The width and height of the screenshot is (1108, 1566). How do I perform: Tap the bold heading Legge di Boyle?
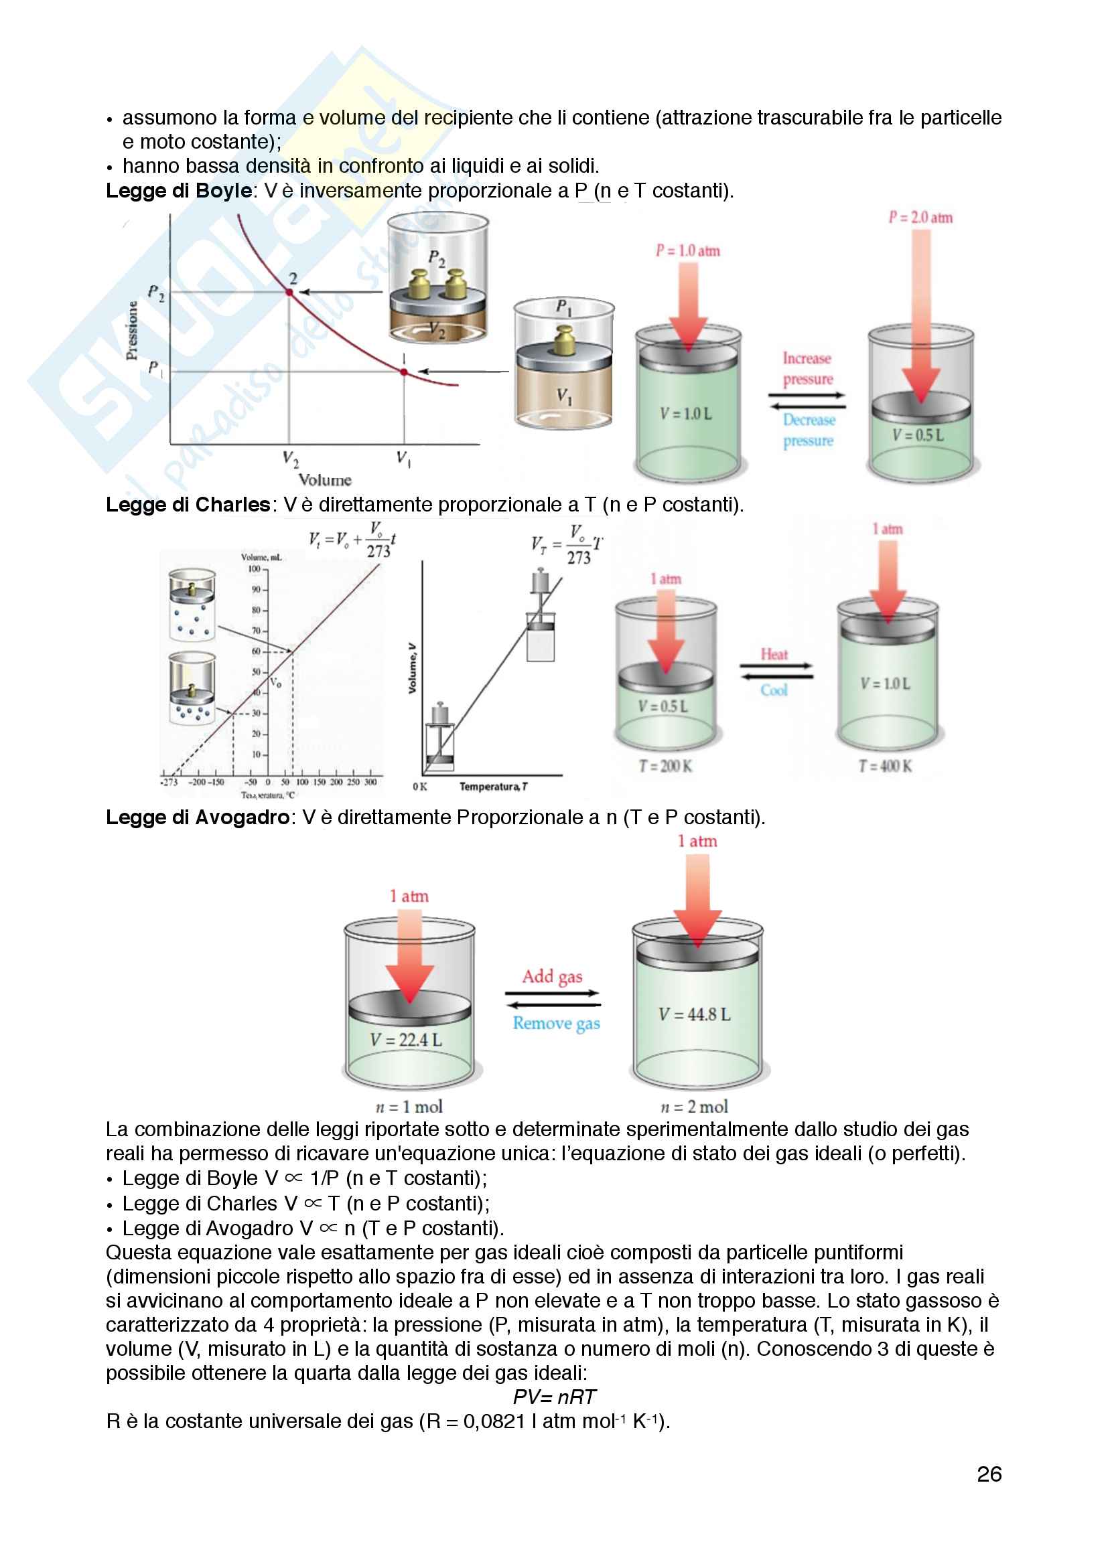[x=179, y=190]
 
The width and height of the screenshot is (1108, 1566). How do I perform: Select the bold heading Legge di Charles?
[x=188, y=504]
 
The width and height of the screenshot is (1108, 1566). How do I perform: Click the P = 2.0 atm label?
[x=920, y=218]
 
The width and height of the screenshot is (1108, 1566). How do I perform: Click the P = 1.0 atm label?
[x=688, y=250]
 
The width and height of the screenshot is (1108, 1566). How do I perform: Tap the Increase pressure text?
[x=808, y=368]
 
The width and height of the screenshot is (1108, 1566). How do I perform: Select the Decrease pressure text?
[x=809, y=430]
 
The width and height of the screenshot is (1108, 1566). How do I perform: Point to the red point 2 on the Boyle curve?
[x=289, y=292]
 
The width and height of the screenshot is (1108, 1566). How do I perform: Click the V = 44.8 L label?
[x=695, y=1014]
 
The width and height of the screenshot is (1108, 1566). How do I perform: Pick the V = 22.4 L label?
[x=406, y=1040]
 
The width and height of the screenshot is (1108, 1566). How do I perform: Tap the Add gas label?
[x=552, y=976]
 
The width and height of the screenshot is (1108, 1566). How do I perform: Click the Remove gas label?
[x=556, y=1023]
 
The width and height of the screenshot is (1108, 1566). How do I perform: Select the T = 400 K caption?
[x=885, y=766]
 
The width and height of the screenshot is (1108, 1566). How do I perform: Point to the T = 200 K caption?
[x=665, y=766]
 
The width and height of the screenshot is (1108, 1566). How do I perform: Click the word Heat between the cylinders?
[x=774, y=654]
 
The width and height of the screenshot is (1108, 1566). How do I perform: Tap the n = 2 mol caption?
[x=695, y=1106]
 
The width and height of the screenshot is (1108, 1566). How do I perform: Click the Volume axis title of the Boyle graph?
[x=325, y=479]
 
